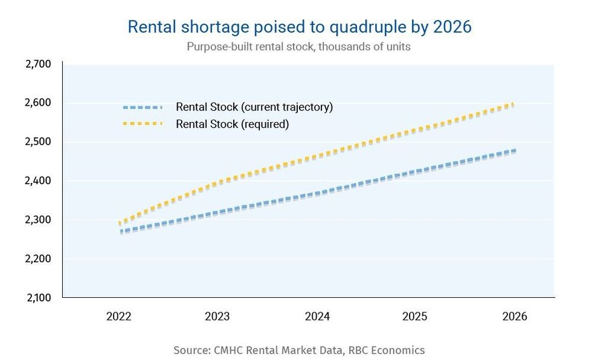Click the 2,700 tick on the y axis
[39, 64]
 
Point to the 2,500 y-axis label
[39, 142]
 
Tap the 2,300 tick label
[39, 220]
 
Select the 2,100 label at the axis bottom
[39, 298]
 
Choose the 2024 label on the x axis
[316, 317]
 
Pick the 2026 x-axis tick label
[514, 317]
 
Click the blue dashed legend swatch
[143, 108]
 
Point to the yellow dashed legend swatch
[143, 124]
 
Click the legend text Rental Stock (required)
[233, 124]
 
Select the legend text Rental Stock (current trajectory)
[254, 108]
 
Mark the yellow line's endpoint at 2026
[514, 104]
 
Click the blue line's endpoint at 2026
[514, 151]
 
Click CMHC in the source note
[228, 350]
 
